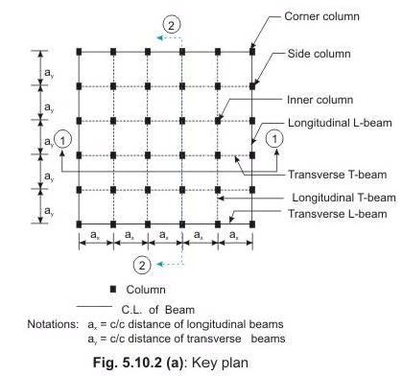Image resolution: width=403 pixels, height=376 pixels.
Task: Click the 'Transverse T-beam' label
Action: [x=328, y=176]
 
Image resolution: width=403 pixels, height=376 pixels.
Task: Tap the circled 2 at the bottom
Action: [x=142, y=263]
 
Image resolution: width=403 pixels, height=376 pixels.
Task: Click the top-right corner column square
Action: [x=252, y=51]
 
